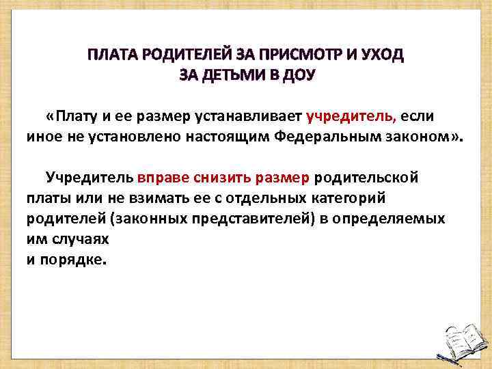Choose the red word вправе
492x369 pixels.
161,178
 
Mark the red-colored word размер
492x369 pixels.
282,178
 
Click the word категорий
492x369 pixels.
352,199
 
